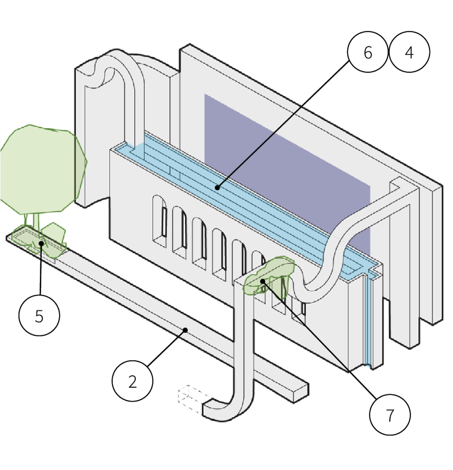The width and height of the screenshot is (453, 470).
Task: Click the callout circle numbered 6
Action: tap(368, 53)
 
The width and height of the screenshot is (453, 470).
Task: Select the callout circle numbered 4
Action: tap(409, 53)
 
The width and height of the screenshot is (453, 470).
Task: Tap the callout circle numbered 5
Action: tap(39, 316)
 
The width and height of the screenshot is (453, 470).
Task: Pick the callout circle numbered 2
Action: tap(132, 381)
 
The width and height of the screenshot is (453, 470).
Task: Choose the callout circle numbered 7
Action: tap(390, 415)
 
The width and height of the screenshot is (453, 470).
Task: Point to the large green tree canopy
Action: tap(41, 168)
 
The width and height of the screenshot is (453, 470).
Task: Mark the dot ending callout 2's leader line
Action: tap(185, 329)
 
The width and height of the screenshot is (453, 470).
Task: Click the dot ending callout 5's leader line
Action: tap(41, 243)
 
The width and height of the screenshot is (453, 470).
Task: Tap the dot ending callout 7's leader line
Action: tap(262, 281)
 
